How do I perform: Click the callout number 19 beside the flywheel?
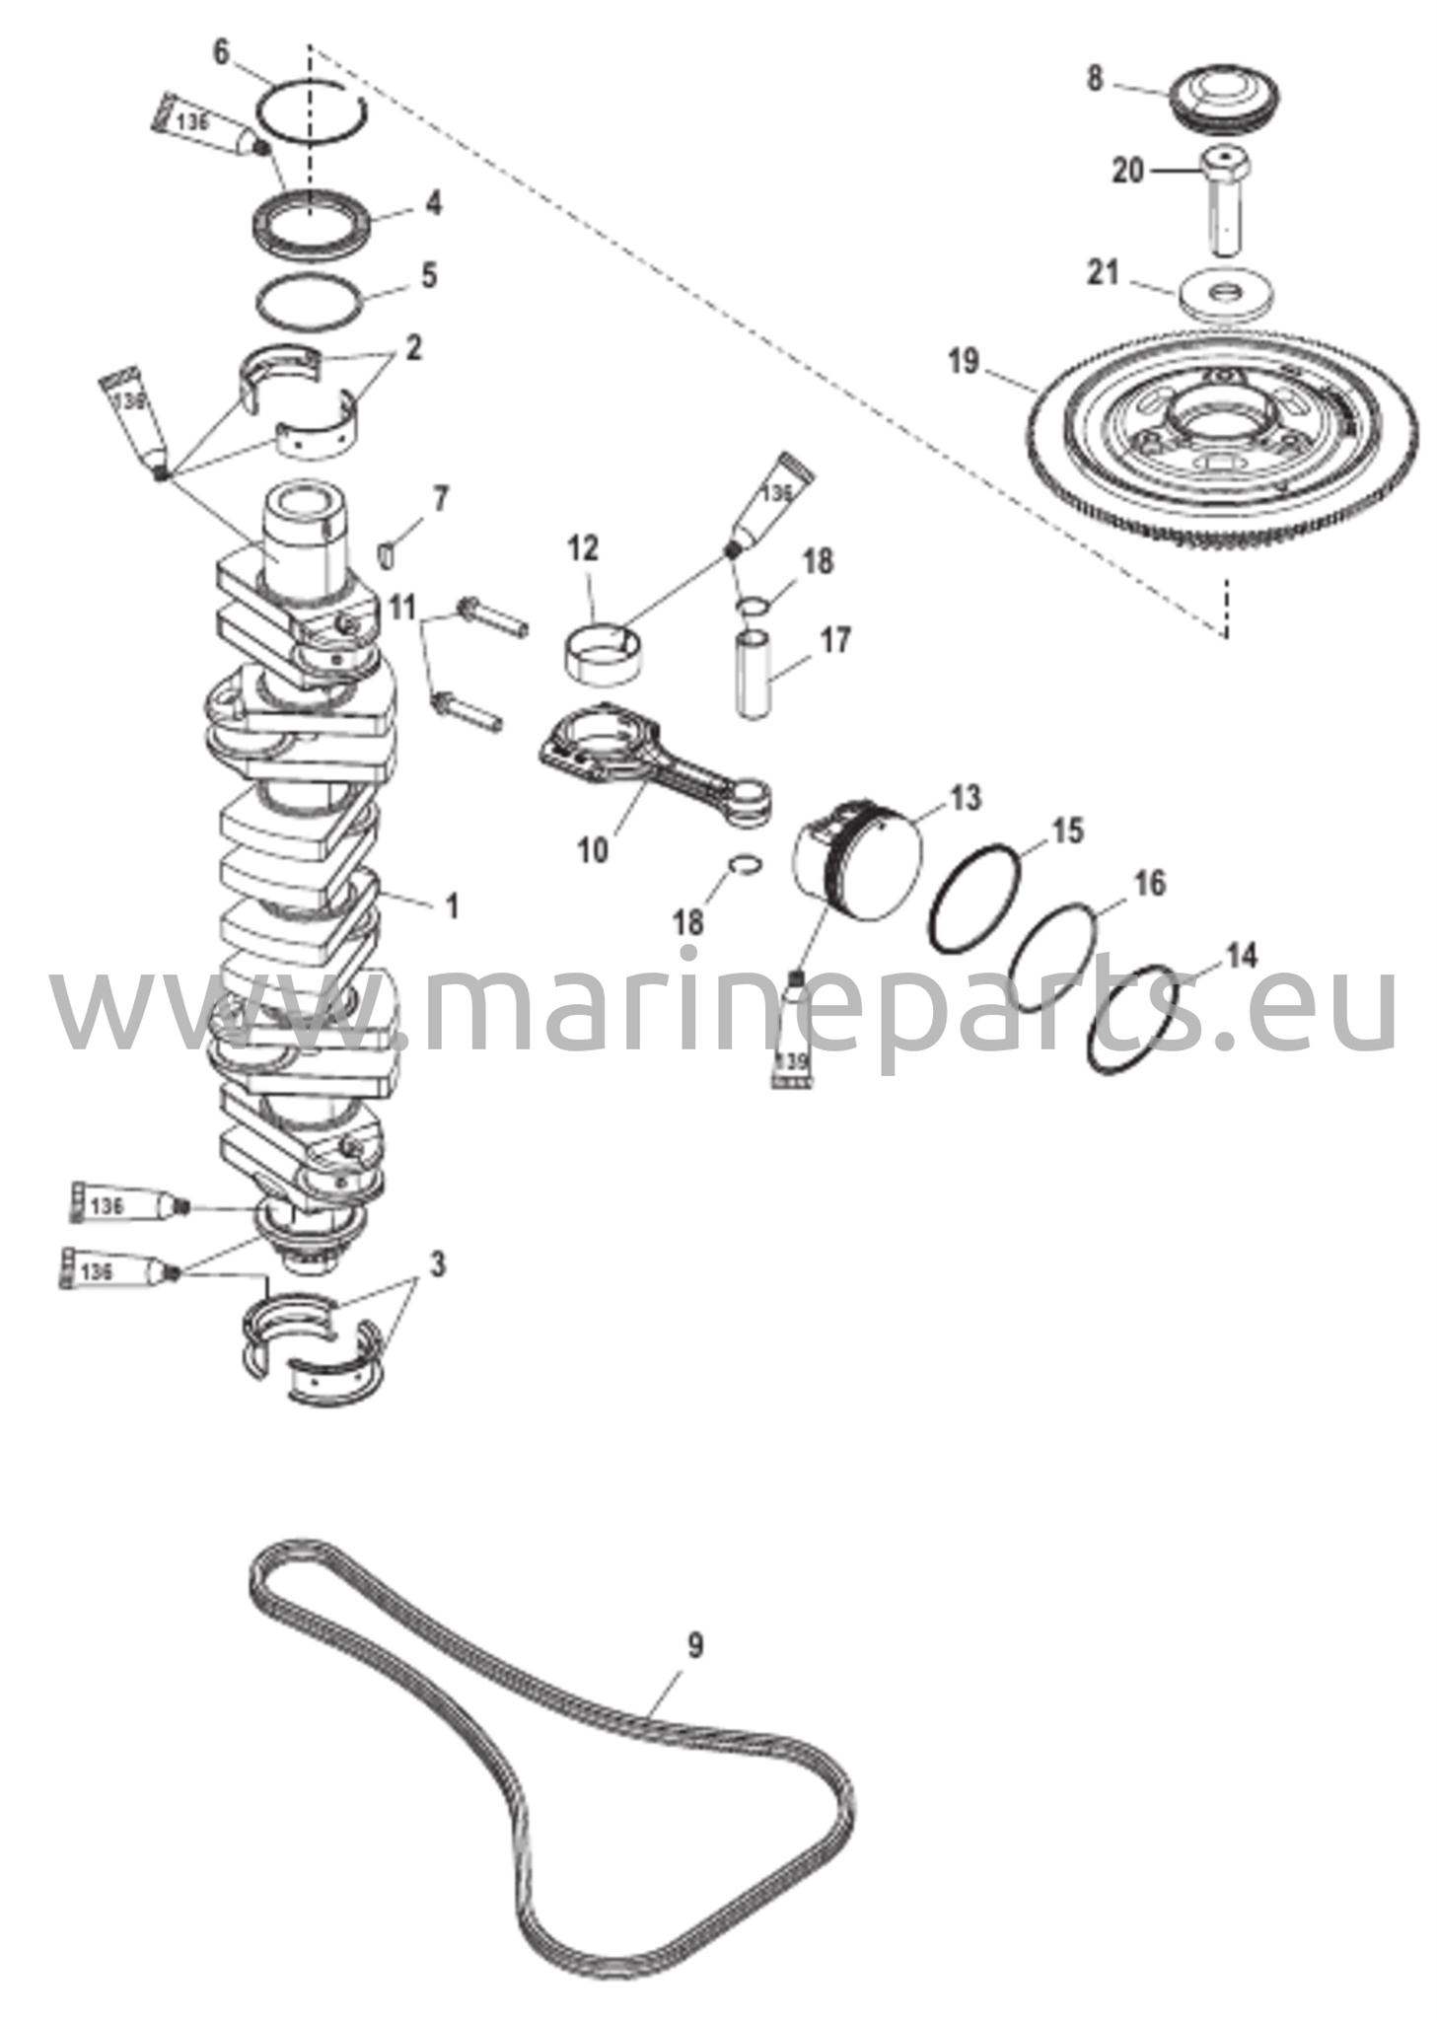963,361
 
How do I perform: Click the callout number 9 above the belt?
694,1645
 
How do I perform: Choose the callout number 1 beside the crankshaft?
453,905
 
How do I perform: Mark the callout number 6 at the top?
221,52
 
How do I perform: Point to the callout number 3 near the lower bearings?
437,1263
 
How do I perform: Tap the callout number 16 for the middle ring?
1149,882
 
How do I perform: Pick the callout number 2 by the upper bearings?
412,347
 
